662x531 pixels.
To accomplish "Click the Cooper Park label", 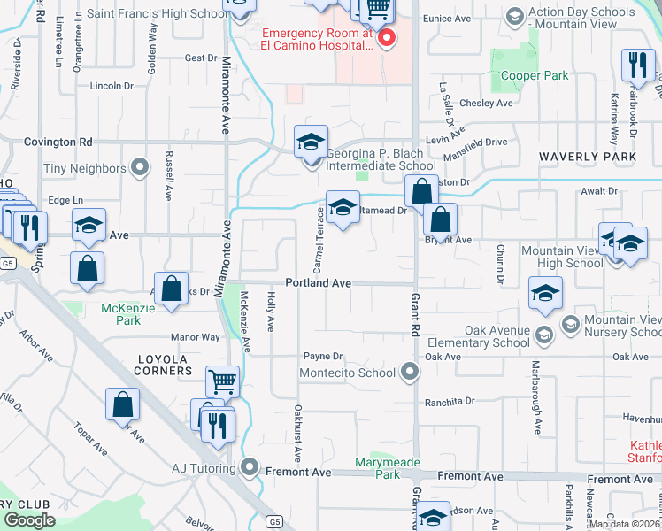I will (535, 76).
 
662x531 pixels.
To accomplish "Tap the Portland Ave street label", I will (319, 283).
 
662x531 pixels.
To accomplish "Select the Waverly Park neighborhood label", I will (589, 157).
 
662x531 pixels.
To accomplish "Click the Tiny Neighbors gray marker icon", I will (139, 166).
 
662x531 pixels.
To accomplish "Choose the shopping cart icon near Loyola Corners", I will (222, 382).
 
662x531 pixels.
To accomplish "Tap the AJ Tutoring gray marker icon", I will (250, 466).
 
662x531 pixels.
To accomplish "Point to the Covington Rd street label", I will (58, 142).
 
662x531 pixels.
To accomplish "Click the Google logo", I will (29, 520).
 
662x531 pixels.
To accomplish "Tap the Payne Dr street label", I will (323, 356).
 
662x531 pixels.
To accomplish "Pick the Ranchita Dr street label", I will (450, 401).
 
